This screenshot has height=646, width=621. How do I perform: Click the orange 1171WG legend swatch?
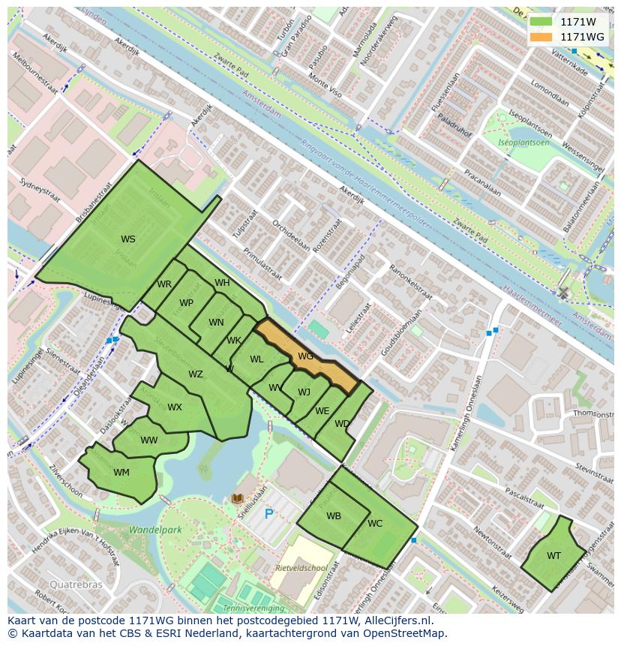(540, 37)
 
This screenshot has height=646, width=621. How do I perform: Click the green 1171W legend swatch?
(540, 22)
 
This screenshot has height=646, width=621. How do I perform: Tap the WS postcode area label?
(128, 239)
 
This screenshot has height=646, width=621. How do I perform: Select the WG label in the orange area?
(305, 356)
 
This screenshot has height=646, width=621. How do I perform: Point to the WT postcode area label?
(553, 556)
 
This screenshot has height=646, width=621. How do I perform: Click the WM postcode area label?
(121, 473)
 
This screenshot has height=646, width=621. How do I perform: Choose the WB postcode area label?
(334, 516)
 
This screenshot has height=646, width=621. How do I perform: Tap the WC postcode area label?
(375, 524)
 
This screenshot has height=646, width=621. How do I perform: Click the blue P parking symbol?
(268, 515)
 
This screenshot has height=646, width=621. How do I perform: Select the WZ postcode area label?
(195, 374)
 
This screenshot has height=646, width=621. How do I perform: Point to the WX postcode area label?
(175, 407)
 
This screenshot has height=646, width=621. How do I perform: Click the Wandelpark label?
(155, 530)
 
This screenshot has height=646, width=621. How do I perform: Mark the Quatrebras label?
(73, 584)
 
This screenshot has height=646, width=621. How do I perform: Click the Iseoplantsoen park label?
(525, 142)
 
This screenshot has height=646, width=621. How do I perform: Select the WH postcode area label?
(222, 283)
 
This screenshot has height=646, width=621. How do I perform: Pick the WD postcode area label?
(342, 424)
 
